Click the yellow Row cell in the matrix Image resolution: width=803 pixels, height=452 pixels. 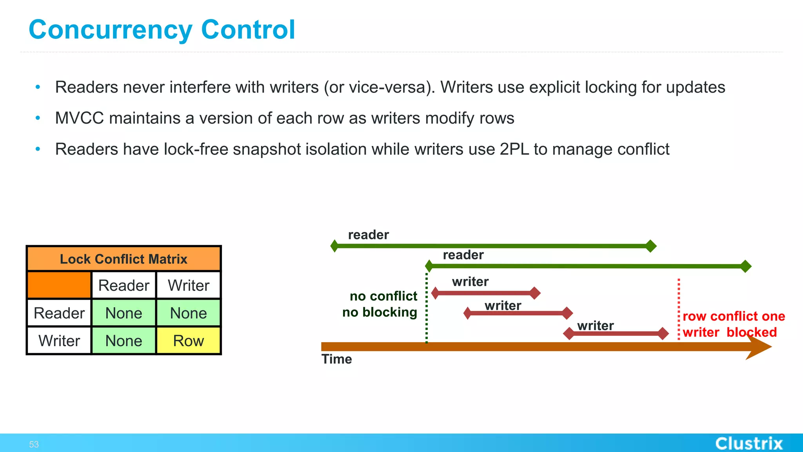[189, 341]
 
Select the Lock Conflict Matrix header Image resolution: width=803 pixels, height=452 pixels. [124, 259]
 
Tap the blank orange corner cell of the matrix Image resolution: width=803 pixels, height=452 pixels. [59, 285]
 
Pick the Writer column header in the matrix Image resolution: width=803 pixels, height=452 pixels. [189, 285]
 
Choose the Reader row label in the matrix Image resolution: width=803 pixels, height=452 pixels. [59, 313]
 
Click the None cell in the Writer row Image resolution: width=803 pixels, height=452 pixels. [124, 341]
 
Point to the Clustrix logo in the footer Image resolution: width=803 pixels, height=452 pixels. [748, 443]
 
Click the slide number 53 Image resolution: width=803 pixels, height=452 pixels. [34, 444]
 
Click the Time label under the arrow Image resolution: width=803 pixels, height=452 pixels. [336, 359]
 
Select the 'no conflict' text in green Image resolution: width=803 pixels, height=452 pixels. [383, 296]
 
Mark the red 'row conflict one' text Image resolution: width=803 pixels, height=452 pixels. [734, 316]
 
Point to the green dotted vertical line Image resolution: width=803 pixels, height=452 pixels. [427, 310]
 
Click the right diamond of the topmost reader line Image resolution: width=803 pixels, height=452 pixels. [651, 246]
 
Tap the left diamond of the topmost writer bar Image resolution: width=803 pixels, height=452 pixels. [435, 293]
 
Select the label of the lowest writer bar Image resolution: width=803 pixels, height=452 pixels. [595, 325]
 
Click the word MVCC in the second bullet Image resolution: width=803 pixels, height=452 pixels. [79, 118]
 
